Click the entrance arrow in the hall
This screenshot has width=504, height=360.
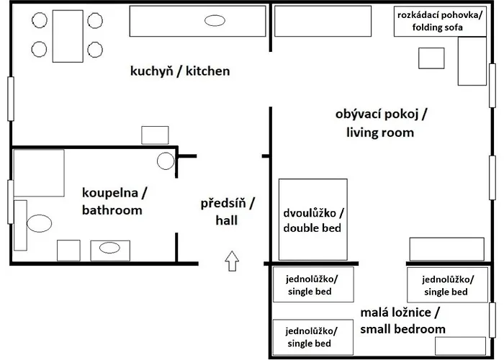pyautogui.click(x=232, y=261)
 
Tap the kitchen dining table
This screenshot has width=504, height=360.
pyautogui.click(x=68, y=36)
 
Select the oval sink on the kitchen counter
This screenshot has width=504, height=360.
pyautogui.click(x=215, y=21)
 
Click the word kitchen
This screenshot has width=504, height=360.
pyautogui.click(x=207, y=71)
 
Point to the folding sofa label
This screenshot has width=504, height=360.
pyautogui.click(x=440, y=21)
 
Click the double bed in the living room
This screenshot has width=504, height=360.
pyautogui.click(x=312, y=220)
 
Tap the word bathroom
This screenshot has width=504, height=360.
pyautogui.click(x=112, y=210)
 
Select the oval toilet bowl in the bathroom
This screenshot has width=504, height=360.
pyautogui.click(x=39, y=223)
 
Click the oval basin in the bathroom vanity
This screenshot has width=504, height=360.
pyautogui.click(x=109, y=248)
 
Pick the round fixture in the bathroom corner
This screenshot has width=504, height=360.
pyautogui.click(x=166, y=161)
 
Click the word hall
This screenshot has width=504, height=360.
pyautogui.click(x=227, y=220)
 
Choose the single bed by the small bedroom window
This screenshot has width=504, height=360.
pyautogui.click(x=447, y=285)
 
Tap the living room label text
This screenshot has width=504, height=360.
pyautogui.click(x=381, y=123)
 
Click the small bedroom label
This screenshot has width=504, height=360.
pyautogui.click(x=402, y=321)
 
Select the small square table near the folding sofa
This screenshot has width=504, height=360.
pyautogui.click(x=431, y=58)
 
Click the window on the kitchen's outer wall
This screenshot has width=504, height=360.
pyautogui.click(x=11, y=99)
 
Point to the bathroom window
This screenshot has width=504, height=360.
pyautogui.click(x=10, y=202)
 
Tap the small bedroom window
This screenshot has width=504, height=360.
pyautogui.click(x=492, y=320)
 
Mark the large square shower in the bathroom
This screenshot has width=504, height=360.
pyautogui.click(x=39, y=173)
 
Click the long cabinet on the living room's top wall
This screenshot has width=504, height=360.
pyautogui.click(x=323, y=21)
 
